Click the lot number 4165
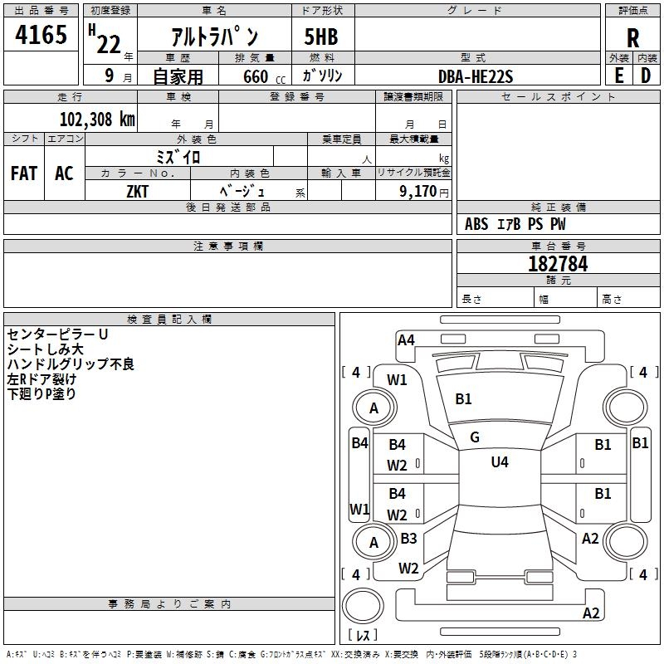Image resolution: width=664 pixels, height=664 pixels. [x=41, y=34]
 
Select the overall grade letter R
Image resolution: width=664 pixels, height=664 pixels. [x=632, y=38]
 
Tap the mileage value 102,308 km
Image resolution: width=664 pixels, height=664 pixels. [x=97, y=119]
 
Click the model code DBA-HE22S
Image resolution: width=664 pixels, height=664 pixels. [x=476, y=76]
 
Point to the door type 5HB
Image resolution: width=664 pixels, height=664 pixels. [x=321, y=37]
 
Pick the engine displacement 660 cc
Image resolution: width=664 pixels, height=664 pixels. [x=264, y=76]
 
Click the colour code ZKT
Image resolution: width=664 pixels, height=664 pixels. [x=137, y=192]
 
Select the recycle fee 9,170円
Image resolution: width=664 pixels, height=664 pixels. [x=424, y=192]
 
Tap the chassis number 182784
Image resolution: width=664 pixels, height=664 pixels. [x=558, y=264]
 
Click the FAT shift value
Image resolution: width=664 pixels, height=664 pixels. [x=24, y=173]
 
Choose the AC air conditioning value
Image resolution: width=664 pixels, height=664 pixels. [x=64, y=173]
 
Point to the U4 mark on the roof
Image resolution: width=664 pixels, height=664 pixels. [x=500, y=461]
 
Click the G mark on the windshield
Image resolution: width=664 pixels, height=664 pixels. [x=475, y=437]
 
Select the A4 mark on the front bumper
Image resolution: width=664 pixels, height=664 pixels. [x=406, y=340]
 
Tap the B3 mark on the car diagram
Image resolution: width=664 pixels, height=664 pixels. [x=408, y=538]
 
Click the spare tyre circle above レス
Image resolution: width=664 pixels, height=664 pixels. [x=363, y=605]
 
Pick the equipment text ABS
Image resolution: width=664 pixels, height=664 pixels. [x=476, y=224]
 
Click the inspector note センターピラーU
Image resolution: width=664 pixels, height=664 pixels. [x=57, y=334]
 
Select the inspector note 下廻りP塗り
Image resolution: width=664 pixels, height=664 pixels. [x=41, y=393]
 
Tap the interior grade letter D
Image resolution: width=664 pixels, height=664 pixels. [x=646, y=76]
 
